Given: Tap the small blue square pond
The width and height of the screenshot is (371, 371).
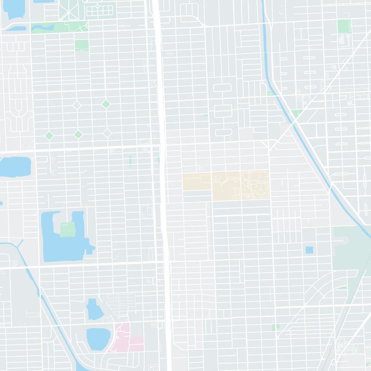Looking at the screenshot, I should (x=309, y=250).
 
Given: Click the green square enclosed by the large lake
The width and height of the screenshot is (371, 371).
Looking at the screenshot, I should (x=68, y=229).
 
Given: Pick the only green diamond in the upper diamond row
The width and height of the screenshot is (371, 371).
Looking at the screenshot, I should (x=106, y=104).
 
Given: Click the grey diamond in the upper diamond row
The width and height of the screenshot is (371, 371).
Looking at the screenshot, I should (x=77, y=105).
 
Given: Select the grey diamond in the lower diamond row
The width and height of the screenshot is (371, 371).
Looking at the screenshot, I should (x=107, y=134).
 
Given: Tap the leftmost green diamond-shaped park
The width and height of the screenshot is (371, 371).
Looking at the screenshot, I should (x=49, y=135).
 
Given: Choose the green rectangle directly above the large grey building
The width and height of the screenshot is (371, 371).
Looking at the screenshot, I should (x=344, y=26).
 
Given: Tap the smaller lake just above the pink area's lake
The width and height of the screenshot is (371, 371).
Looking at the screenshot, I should (x=96, y=310).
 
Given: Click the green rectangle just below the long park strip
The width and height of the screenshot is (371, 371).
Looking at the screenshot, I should (x=82, y=45).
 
